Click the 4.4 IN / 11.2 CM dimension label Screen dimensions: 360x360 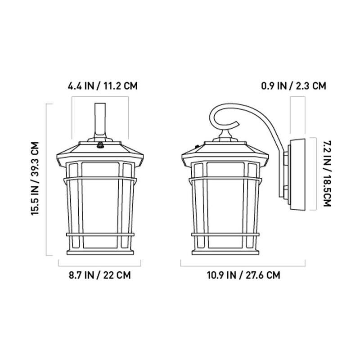coord(103,86)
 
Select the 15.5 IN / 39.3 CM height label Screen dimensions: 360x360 coord(35,179)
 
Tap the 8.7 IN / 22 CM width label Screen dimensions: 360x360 coord(99,275)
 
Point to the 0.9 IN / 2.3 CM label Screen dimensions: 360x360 coord(294,86)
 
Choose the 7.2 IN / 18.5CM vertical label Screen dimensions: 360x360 coord(327,174)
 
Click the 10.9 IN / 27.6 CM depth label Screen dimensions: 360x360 coord(243,275)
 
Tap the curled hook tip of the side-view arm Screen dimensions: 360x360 coord(238,124)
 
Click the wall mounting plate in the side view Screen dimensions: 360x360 coord(298,175)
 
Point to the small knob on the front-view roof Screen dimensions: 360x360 coord(100,145)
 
